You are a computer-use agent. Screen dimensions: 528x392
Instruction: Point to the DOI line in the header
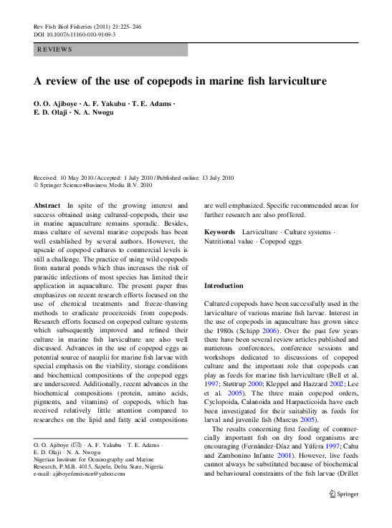(x=75, y=34)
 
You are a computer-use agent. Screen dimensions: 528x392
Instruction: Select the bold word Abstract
(x=47, y=205)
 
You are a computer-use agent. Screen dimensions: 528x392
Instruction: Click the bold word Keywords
(x=219, y=232)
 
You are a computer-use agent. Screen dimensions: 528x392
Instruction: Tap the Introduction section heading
(x=224, y=286)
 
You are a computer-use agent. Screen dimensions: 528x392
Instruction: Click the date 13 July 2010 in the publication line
(x=211, y=177)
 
